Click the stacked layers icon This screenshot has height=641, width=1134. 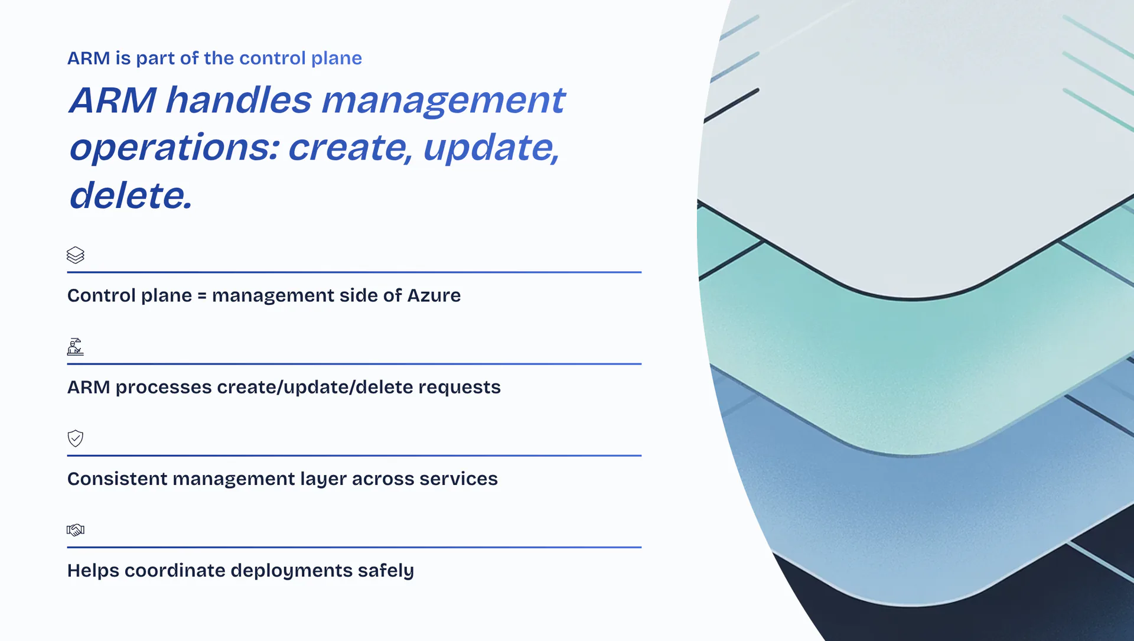click(x=76, y=255)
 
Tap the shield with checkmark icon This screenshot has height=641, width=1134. click(x=76, y=438)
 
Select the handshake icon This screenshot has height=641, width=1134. click(x=76, y=530)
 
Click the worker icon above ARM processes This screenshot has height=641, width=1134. click(x=76, y=347)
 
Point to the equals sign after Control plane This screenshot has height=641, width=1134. click(x=202, y=296)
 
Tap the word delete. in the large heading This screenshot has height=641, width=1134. click(x=131, y=196)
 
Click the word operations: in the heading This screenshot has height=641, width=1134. click(x=174, y=148)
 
